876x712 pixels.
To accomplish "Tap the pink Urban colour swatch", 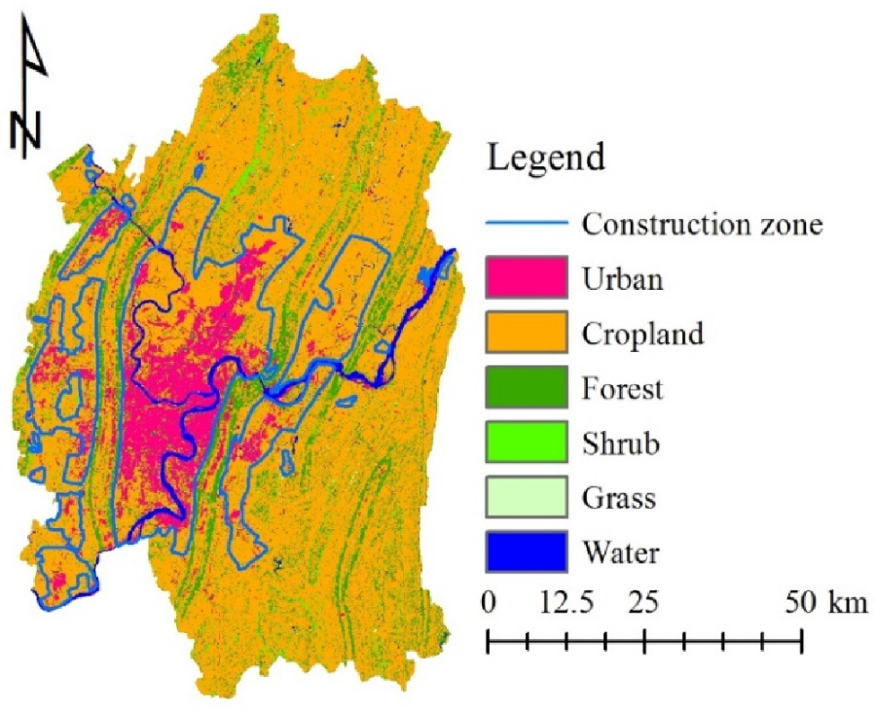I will (527, 279).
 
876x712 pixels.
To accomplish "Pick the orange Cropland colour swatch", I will (527, 334).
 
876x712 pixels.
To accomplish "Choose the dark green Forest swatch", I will (527, 389).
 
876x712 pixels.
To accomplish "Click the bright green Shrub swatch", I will (527, 445).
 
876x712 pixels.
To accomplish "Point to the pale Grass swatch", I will (527, 499).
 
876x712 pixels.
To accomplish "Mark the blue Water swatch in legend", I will (527, 553).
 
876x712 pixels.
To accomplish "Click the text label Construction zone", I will (703, 225).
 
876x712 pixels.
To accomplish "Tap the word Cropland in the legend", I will (642, 334).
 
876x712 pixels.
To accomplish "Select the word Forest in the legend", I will (623, 389).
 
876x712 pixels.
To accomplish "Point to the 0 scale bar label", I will (490, 603).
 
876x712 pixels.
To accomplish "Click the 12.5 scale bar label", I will (566, 603).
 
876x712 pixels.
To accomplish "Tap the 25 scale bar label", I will (643, 603).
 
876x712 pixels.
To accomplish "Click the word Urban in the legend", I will (623, 279).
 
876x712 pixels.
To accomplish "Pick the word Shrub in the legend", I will (621, 445).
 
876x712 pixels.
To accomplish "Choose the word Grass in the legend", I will (619, 499).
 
